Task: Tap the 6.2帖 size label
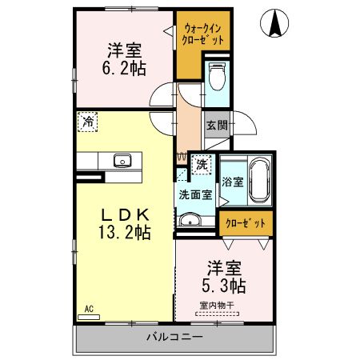coord(122,69)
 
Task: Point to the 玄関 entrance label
coord(215,125)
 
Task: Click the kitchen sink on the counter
coord(122,160)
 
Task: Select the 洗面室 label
coord(194,194)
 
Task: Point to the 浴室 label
coord(232,182)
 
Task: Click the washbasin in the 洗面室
coord(190,220)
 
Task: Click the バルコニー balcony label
coord(174,337)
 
